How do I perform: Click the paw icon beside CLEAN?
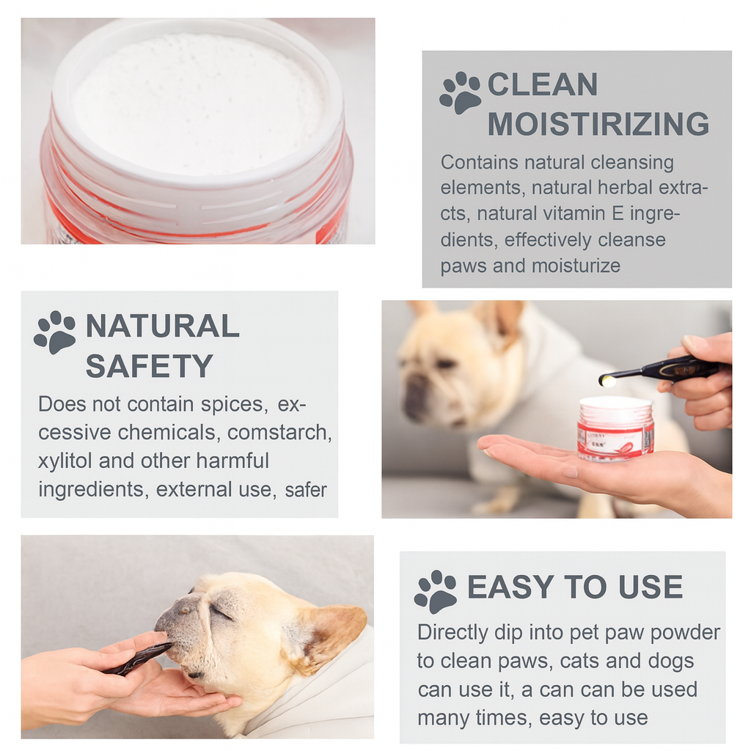(460, 92)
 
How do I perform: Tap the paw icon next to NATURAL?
(55, 332)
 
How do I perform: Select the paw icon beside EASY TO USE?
(435, 591)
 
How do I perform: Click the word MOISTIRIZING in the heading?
(598, 124)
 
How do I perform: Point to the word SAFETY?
(149, 365)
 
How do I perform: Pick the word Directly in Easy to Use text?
(453, 631)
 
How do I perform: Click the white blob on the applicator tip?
(607, 380)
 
